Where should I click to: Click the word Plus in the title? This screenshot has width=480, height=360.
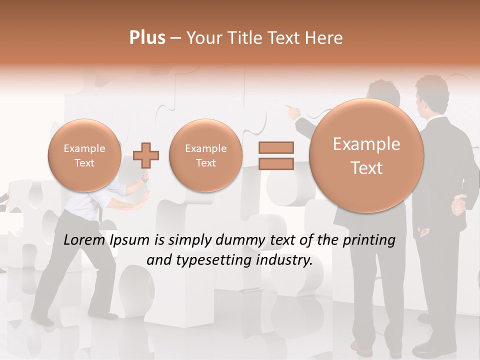pyautogui.click(x=147, y=38)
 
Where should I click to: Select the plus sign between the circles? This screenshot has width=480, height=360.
pyautogui.click(x=146, y=155)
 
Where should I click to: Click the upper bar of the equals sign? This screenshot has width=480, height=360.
pyautogui.click(x=276, y=147)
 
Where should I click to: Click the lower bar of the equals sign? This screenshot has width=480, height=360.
pyautogui.click(x=276, y=164)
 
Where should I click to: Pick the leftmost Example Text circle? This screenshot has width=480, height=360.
pyautogui.click(x=84, y=155)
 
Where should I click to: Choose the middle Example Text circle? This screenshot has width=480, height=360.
pyautogui.click(x=206, y=155)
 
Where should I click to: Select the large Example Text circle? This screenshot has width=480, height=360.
pyautogui.click(x=366, y=155)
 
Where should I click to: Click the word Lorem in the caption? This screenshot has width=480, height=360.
pyautogui.click(x=84, y=240)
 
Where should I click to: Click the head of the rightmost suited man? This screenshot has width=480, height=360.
pyautogui.click(x=432, y=95)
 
